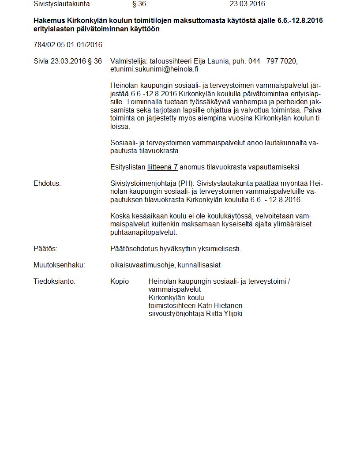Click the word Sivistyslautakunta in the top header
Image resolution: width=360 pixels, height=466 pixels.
(x=61, y=4)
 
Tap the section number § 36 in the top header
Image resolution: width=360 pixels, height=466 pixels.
(x=139, y=4)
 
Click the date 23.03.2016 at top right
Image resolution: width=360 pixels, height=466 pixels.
(x=247, y=4)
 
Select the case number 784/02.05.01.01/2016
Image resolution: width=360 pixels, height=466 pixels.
(x=68, y=45)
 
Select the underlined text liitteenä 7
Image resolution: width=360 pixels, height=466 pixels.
(x=162, y=167)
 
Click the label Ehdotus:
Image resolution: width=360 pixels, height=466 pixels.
(x=47, y=183)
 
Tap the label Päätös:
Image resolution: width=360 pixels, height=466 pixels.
(x=45, y=249)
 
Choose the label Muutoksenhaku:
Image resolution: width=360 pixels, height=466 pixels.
(x=59, y=265)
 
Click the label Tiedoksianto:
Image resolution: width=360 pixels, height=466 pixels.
(x=54, y=281)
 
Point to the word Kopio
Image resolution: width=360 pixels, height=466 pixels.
(x=120, y=281)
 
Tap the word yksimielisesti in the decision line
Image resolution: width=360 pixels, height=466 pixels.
(x=221, y=249)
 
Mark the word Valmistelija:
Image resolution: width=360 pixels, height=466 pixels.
(x=129, y=61)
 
